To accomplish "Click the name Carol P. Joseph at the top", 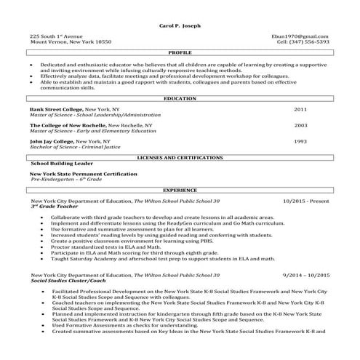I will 180,25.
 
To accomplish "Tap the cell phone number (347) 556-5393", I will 308,41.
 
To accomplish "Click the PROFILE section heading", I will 180,53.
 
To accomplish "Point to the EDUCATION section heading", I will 180,97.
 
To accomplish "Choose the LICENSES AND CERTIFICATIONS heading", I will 180,157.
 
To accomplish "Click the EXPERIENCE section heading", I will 180,188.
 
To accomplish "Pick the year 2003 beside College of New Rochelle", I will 300,124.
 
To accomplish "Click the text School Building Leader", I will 59,164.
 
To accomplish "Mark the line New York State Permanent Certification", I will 73,174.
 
